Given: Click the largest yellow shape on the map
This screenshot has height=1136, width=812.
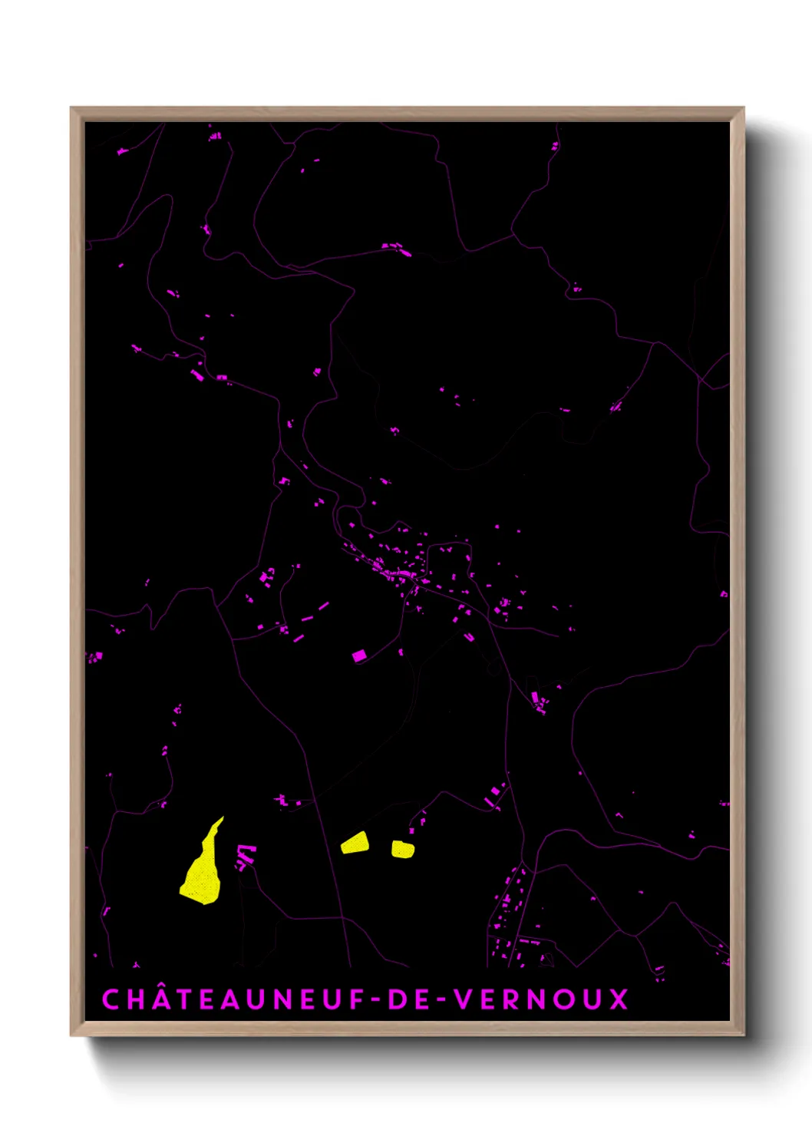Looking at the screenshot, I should [202, 871].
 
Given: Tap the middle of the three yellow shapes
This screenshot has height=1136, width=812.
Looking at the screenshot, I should [355, 843].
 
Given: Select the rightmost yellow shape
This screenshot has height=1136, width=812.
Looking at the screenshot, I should [403, 849].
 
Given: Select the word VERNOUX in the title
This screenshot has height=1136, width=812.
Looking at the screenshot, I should [541, 999].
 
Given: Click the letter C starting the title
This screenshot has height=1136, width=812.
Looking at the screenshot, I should [111, 999].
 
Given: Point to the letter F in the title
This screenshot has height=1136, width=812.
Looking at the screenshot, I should [356, 999].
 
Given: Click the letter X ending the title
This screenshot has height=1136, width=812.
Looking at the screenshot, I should [619, 999].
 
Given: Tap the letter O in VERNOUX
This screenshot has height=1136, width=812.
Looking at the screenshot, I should [564, 999].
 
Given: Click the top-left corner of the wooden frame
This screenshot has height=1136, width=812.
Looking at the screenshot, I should [71, 108].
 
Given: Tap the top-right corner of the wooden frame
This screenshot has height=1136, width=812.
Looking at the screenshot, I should [743, 108].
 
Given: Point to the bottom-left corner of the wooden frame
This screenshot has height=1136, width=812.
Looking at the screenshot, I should [71, 1035].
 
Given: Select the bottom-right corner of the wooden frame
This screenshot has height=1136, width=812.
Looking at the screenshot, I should [743, 1035].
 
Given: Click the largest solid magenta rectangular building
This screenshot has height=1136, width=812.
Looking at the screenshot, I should [359, 656].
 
